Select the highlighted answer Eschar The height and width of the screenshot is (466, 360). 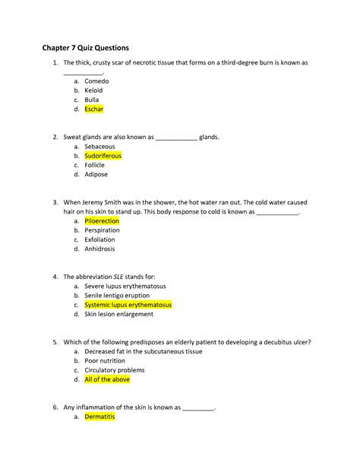coord(94,109)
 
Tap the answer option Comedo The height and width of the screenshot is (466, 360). coord(96,81)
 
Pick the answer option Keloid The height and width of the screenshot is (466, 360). coord(93,90)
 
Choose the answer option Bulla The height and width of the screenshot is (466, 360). coord(92,100)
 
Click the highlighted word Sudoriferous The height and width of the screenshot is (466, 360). coord(103,156)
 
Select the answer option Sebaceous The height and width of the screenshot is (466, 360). coord(99,146)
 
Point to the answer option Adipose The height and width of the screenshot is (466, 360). coord(96,174)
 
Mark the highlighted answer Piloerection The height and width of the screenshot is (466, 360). coord(102,220)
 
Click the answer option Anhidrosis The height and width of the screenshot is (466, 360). coord(100,249)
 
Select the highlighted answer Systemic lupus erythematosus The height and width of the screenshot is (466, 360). coord(128,305)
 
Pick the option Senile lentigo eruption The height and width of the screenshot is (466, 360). coord(118,295)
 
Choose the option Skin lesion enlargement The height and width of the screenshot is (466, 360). coord(119,314)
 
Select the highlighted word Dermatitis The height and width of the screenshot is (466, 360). coord(100,417)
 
